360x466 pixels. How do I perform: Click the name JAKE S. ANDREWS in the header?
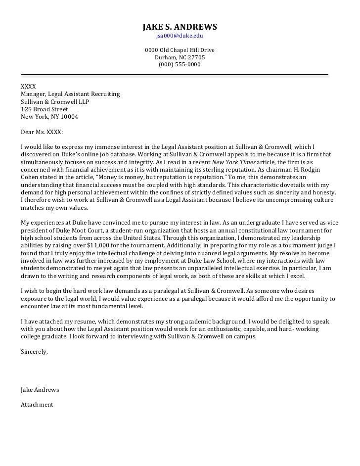pyautogui.click(x=180, y=26)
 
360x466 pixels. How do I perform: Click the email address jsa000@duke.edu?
pyautogui.click(x=180, y=36)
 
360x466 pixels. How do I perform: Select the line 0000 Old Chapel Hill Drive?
pyautogui.click(x=180, y=50)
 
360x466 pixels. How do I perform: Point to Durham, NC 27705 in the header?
pyautogui.click(x=180, y=57)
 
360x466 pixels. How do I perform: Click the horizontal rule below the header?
pyautogui.click(x=174, y=75)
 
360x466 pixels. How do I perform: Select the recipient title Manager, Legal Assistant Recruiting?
pyautogui.click(x=70, y=94)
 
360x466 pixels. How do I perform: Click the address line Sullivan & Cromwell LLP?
pyautogui.click(x=55, y=102)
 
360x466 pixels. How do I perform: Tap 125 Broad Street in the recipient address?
pyautogui.click(x=45, y=109)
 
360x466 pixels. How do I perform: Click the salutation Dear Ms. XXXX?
pyautogui.click(x=42, y=132)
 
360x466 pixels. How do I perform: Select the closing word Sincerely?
pyautogui.click(x=35, y=352)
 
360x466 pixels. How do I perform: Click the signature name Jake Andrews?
pyautogui.click(x=40, y=390)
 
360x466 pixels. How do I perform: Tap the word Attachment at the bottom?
pyautogui.click(x=37, y=405)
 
